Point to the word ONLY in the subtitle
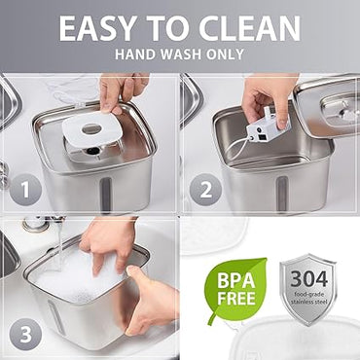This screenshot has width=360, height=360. [x=226, y=55]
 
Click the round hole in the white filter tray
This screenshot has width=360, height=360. [x=90, y=128]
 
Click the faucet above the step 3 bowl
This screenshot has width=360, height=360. [x=37, y=225]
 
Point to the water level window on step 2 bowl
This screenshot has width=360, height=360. [x=282, y=192]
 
